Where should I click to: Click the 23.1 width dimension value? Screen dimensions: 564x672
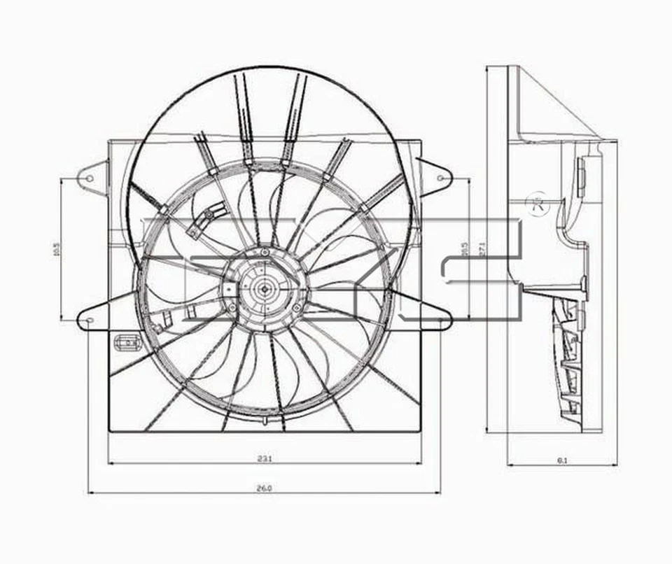[x=264, y=459]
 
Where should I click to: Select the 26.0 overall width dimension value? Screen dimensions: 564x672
[x=264, y=488]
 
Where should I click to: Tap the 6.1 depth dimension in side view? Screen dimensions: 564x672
[x=561, y=460]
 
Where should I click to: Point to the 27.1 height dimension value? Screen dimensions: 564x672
[x=482, y=250]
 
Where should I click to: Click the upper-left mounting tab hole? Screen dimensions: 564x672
[x=89, y=177]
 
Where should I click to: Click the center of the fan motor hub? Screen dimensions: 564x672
[x=264, y=285]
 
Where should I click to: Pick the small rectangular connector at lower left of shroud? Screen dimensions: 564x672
[x=127, y=342]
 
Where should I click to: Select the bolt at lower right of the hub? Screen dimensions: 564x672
[x=297, y=306]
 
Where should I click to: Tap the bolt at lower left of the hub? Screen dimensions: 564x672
[x=230, y=306]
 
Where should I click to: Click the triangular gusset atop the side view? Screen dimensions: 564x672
[x=553, y=108]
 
